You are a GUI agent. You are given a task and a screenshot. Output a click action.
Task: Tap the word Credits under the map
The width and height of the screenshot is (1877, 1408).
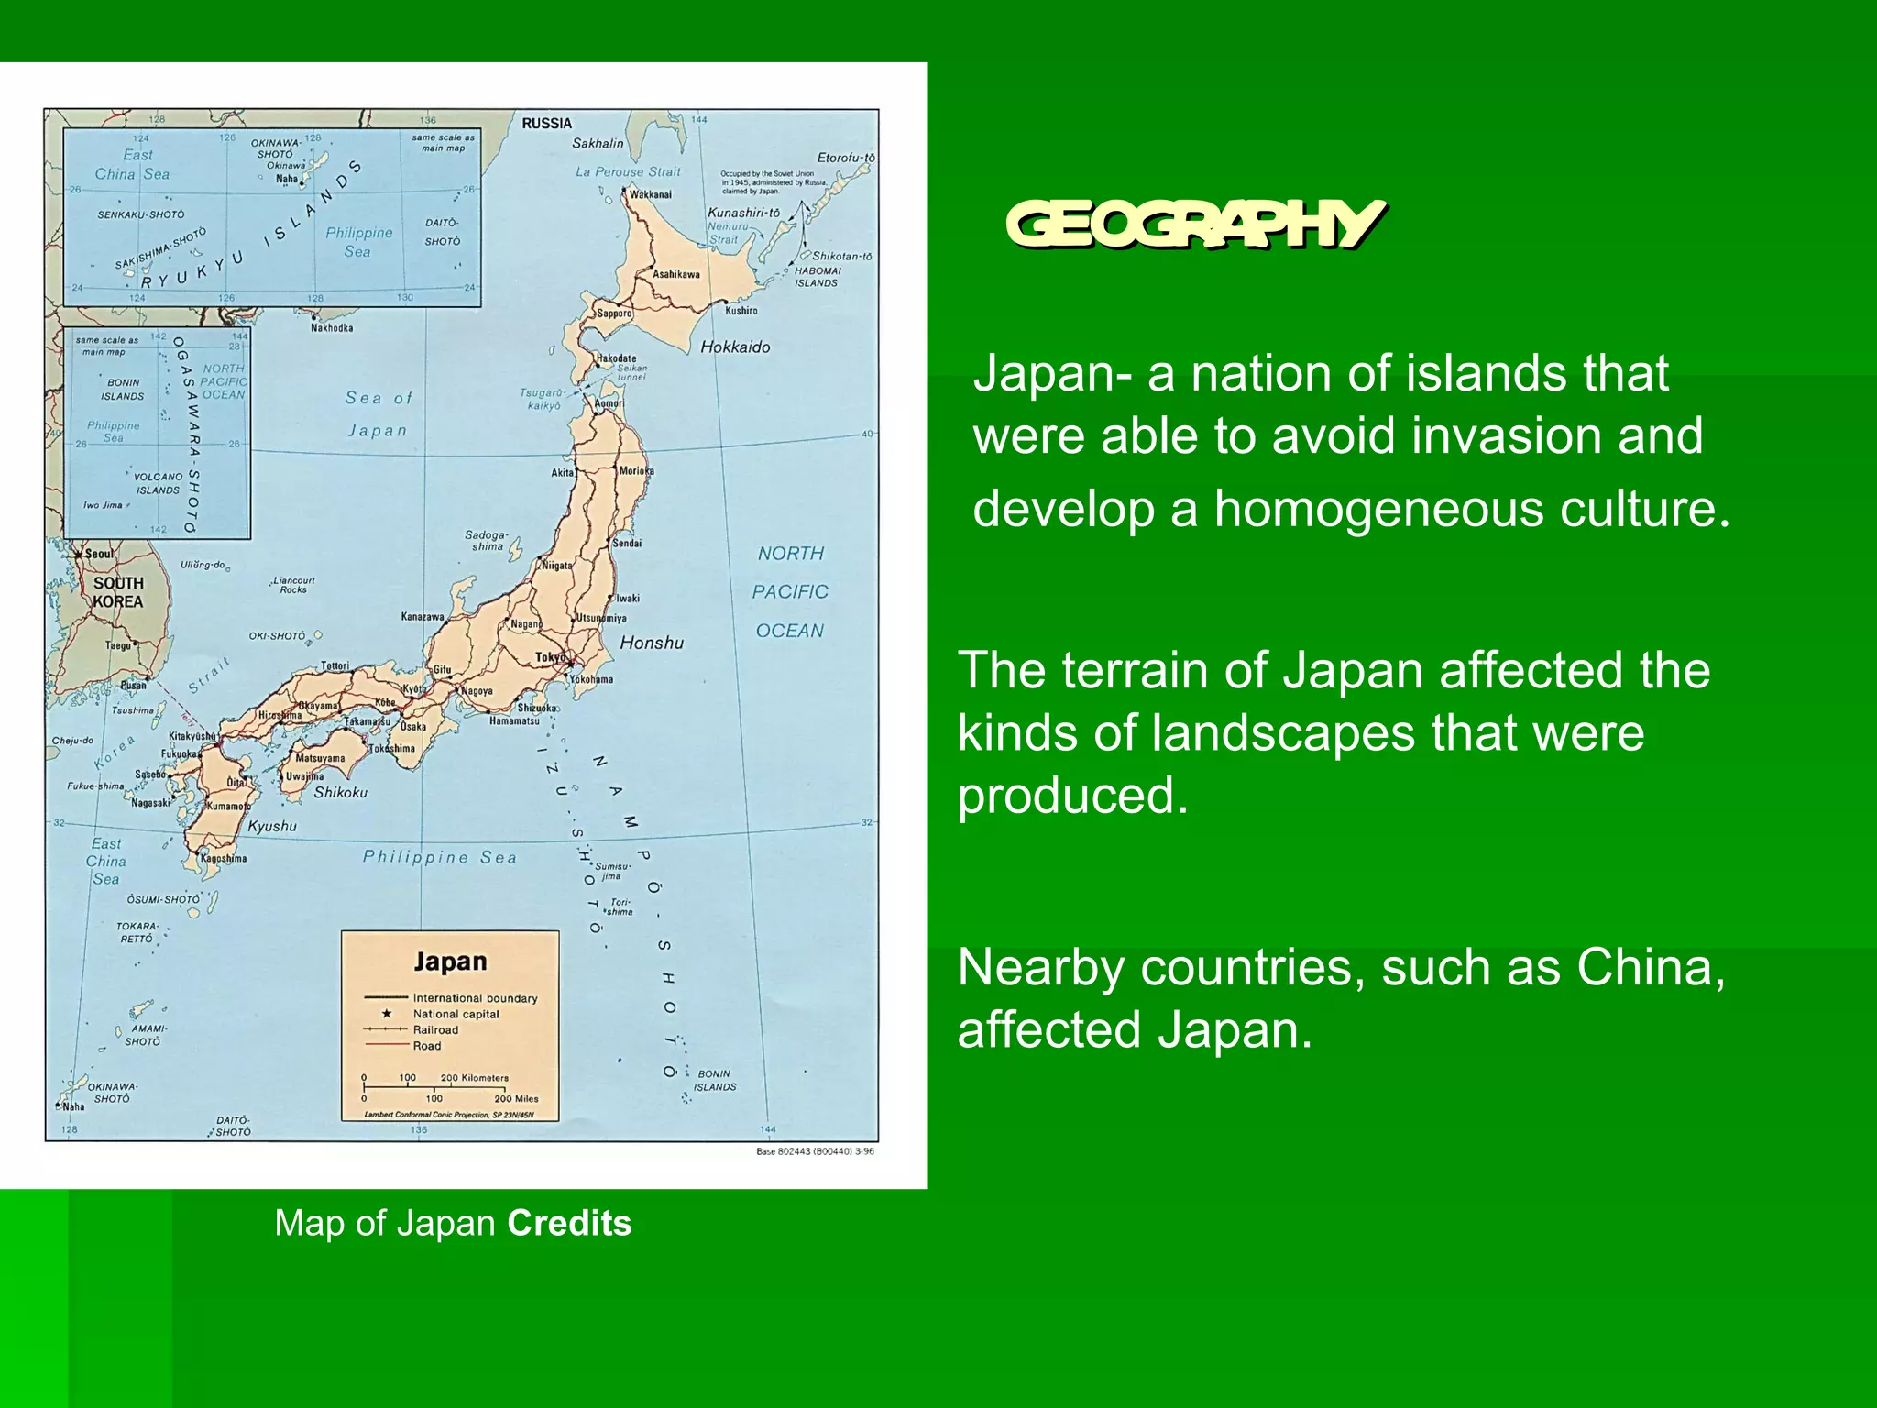(x=569, y=1224)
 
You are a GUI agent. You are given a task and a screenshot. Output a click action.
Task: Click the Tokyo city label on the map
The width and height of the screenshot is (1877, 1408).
(x=551, y=657)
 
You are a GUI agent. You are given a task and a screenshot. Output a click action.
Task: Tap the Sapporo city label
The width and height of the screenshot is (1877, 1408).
(x=614, y=313)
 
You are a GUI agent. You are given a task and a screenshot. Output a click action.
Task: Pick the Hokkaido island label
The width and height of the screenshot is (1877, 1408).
(x=735, y=347)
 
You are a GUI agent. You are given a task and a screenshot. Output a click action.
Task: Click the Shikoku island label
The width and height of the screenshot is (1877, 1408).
(x=340, y=793)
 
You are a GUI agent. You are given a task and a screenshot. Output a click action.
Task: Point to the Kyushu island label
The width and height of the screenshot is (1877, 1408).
(x=272, y=827)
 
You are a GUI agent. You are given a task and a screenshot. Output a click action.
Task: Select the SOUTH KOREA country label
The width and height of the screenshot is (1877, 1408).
(x=118, y=592)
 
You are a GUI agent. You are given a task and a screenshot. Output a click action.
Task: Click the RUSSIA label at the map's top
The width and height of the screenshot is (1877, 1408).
(x=546, y=124)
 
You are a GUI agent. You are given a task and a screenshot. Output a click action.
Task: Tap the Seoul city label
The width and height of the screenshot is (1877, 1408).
(x=100, y=554)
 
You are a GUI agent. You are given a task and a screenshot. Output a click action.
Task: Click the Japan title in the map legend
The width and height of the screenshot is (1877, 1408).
(x=450, y=962)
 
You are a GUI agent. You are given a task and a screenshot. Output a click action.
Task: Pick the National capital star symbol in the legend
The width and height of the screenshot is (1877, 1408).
(x=387, y=1014)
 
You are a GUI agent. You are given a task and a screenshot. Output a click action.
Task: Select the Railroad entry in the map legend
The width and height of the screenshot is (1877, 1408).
(x=435, y=1030)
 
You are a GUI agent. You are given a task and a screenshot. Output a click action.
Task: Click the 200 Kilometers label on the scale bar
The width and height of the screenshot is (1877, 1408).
(x=474, y=1078)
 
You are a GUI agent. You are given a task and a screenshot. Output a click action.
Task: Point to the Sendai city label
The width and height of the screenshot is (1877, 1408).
(x=627, y=544)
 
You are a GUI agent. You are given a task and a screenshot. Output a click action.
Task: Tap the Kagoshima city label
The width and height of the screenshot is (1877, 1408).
(x=224, y=859)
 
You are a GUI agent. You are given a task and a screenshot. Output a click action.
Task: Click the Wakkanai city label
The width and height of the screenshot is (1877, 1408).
(x=650, y=194)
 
